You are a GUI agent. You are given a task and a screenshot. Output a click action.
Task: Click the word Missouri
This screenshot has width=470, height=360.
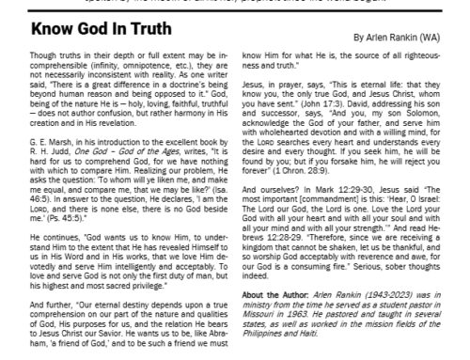tap(257, 340)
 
